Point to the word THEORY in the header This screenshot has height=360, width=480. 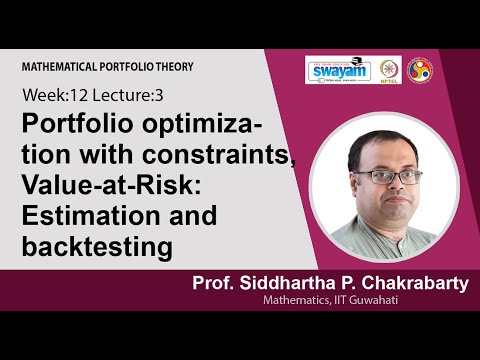[x=173, y=66]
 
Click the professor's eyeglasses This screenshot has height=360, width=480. [x=375, y=176]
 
